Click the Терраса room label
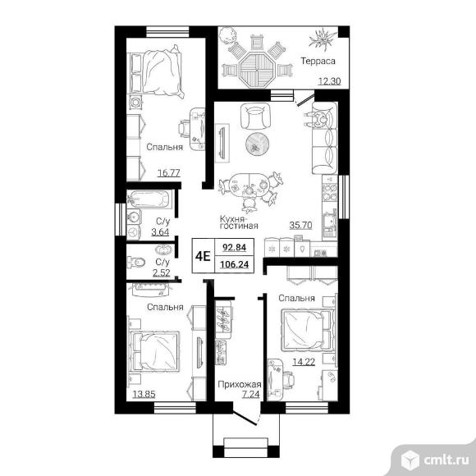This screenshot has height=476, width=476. [x=318, y=61]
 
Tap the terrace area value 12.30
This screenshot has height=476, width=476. [x=329, y=81]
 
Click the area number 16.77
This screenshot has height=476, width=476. [x=169, y=172]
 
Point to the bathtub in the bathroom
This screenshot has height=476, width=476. [x=149, y=199]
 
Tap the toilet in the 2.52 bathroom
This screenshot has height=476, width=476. [x=135, y=262]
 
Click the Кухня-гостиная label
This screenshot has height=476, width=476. [x=239, y=222]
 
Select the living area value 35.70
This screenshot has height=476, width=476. [x=300, y=225]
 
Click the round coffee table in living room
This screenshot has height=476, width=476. [x=257, y=144]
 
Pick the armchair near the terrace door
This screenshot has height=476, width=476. [x=255, y=116]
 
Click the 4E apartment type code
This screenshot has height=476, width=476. [x=203, y=256]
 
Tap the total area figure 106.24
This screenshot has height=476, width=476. [x=235, y=264]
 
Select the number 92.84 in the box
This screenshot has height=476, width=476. [x=235, y=247]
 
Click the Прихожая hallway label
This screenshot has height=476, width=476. [x=240, y=384]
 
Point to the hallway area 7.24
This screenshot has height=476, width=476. [x=251, y=394]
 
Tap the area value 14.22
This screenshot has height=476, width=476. [x=304, y=362]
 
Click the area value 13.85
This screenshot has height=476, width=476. [x=144, y=394]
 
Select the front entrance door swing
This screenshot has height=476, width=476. [x=246, y=418]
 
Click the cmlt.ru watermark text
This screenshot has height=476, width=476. [x=446, y=460]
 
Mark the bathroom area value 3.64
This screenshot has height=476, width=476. [x=160, y=232]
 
